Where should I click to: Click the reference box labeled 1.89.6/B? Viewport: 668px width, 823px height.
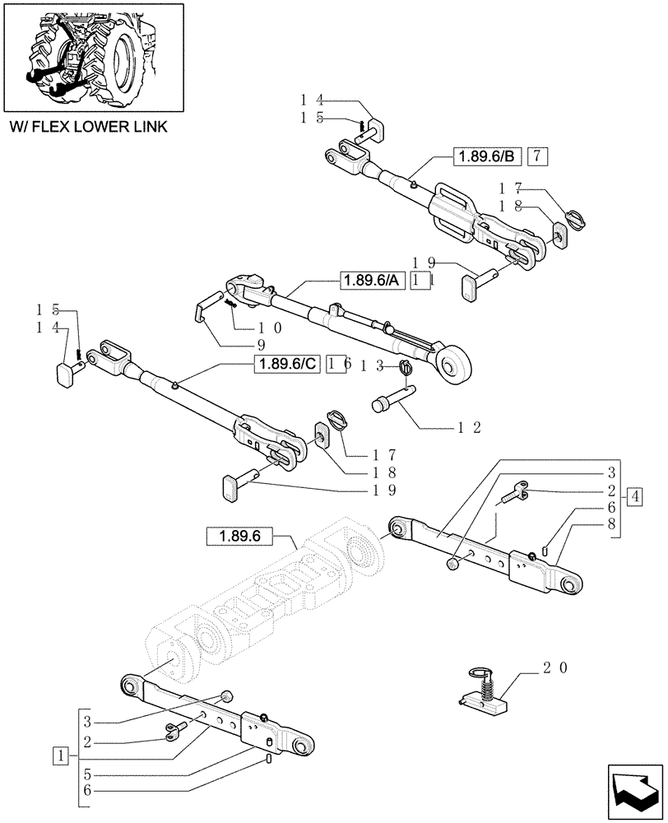pyautogui.click(x=485, y=156)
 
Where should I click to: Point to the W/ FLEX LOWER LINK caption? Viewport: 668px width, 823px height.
pyautogui.click(x=87, y=126)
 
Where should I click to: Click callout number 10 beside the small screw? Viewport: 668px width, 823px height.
pyautogui.click(x=267, y=327)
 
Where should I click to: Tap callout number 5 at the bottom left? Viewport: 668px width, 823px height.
pyautogui.click(x=88, y=774)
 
